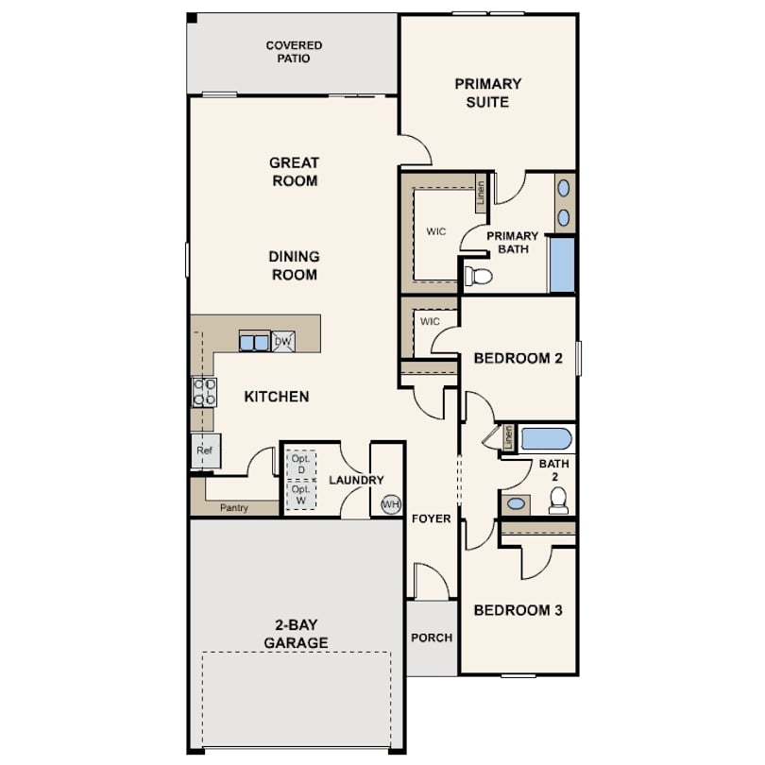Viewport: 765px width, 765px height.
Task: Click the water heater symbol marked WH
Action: (391, 504)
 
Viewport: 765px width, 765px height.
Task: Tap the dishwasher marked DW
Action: (283, 342)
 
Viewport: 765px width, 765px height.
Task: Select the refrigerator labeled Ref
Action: (206, 450)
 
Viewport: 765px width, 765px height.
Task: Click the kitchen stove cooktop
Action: (204, 392)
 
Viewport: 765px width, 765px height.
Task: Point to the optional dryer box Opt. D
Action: (301, 464)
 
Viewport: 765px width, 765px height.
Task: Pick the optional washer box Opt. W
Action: (301, 494)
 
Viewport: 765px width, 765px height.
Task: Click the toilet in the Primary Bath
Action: (478, 276)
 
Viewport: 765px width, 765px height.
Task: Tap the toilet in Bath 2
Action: (558, 500)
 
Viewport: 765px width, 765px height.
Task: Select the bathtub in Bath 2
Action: (547, 439)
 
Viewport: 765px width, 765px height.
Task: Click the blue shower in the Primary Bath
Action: (562, 264)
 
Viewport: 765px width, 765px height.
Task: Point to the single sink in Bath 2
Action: (516, 503)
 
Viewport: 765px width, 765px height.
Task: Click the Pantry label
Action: (234, 508)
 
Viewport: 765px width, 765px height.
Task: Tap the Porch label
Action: (432, 637)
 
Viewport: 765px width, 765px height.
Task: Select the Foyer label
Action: (432, 518)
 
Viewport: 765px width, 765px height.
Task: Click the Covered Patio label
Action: (294, 52)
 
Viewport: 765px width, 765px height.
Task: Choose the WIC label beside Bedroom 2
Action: (430, 321)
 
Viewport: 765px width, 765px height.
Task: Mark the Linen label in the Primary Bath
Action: (481, 193)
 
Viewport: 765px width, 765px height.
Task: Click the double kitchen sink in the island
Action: (254, 342)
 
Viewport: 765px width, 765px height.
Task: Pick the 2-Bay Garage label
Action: (296, 634)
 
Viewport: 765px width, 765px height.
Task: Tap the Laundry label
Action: (356, 480)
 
